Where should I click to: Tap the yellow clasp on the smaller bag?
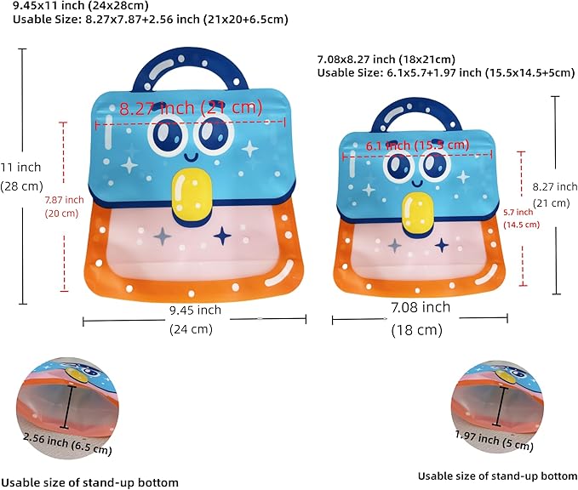click(418, 213)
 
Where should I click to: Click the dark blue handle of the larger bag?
click(190, 70)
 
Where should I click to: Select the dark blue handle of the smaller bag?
click(416, 115)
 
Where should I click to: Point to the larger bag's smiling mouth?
click(191, 157)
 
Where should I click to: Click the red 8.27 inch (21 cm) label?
click(191, 107)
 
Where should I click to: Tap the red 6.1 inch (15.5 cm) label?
click(417, 145)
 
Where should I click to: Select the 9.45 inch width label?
click(195, 311)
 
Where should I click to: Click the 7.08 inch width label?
click(421, 307)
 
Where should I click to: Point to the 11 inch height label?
click(20, 168)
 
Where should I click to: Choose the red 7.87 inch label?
click(64, 200)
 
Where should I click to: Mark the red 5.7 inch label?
click(518, 212)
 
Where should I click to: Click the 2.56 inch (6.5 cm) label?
click(67, 442)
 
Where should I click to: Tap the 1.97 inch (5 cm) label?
click(495, 440)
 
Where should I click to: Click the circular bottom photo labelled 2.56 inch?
click(67, 407)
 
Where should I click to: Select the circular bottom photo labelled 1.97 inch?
click(497, 407)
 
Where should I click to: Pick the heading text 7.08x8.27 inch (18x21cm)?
click(386, 59)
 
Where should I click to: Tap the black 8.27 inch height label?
click(555, 187)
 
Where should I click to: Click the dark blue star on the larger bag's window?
click(223, 236)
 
